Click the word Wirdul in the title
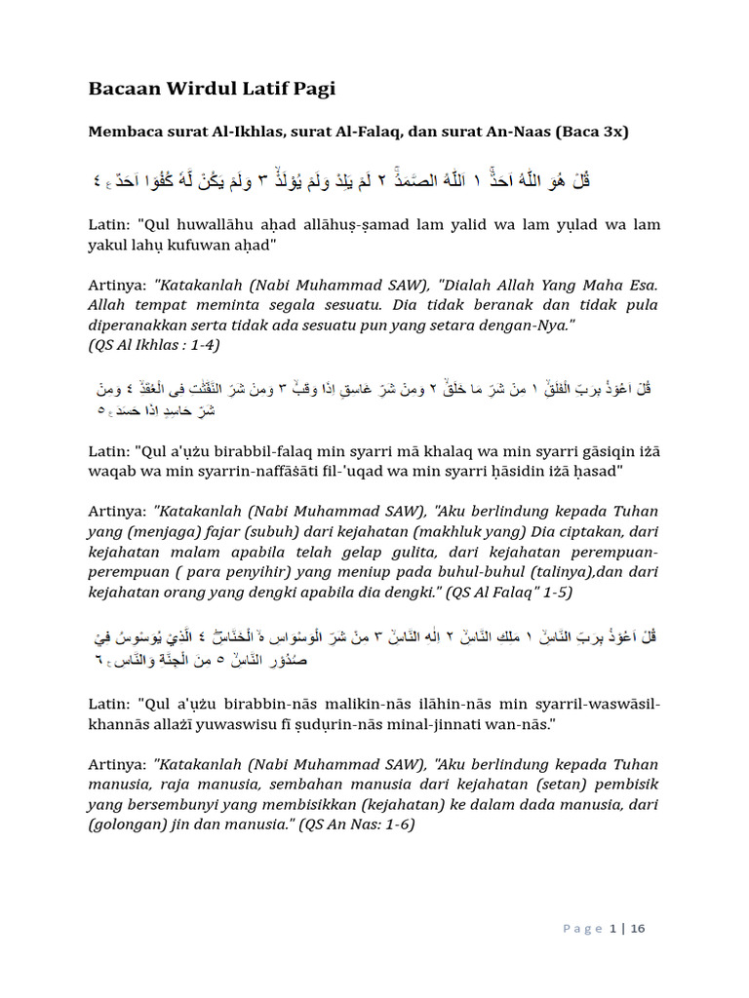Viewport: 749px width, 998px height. click(x=200, y=90)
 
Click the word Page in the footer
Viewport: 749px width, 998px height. click(x=583, y=929)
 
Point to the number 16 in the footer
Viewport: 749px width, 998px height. click(x=637, y=929)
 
